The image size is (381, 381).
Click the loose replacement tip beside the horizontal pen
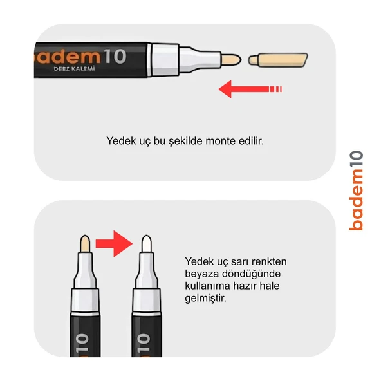click(278, 60)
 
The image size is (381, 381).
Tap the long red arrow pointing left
click(250, 89)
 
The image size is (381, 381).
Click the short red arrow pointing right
click(114, 243)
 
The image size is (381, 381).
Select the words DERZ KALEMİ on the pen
click(74, 69)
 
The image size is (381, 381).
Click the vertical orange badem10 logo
click(356, 190)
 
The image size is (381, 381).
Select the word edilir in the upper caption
click(251, 141)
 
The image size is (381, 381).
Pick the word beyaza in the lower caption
click(201, 274)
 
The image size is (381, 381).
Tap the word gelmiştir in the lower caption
click(205, 298)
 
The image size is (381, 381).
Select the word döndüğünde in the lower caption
click(251, 274)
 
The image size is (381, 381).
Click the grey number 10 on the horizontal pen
click(115, 57)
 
